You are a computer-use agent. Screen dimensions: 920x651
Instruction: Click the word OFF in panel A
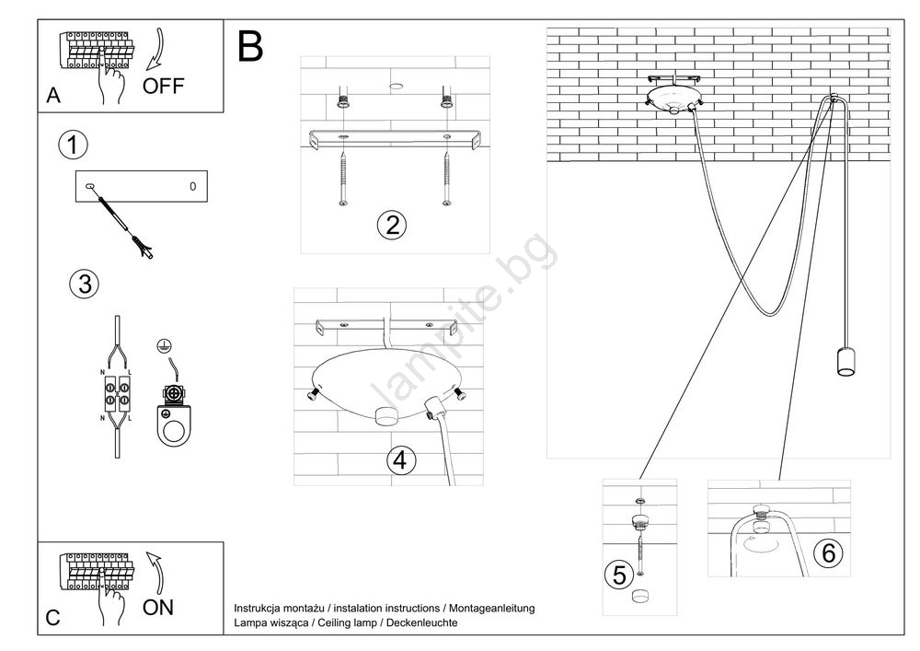[163, 87]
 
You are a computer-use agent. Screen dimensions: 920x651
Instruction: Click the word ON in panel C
[158, 608]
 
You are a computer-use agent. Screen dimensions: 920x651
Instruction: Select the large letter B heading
[250, 46]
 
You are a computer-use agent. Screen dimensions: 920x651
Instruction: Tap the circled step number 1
[73, 145]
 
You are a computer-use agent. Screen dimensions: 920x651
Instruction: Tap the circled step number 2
[392, 225]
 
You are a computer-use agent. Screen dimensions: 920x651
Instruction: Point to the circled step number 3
[85, 285]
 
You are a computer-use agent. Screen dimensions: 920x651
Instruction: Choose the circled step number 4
[401, 459]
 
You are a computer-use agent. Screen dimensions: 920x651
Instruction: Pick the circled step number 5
[619, 575]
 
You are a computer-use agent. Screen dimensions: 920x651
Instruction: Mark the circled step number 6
[828, 553]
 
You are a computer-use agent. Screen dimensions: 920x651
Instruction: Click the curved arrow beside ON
[156, 573]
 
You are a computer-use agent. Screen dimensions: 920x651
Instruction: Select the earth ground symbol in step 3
[165, 345]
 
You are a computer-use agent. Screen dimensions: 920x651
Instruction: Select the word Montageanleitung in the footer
[492, 609]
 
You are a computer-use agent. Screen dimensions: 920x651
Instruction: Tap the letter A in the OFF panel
[53, 95]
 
